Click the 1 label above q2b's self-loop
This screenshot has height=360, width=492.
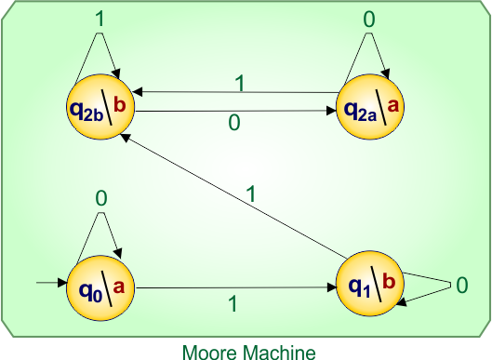tap(100, 18)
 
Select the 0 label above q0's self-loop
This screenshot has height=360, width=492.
tap(101, 197)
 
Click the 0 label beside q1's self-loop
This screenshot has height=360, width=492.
tap(461, 286)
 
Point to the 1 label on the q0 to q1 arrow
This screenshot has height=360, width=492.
tap(232, 304)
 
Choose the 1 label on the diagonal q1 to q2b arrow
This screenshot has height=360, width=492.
tap(249, 193)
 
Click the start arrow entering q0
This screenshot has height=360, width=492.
tap(48, 281)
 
